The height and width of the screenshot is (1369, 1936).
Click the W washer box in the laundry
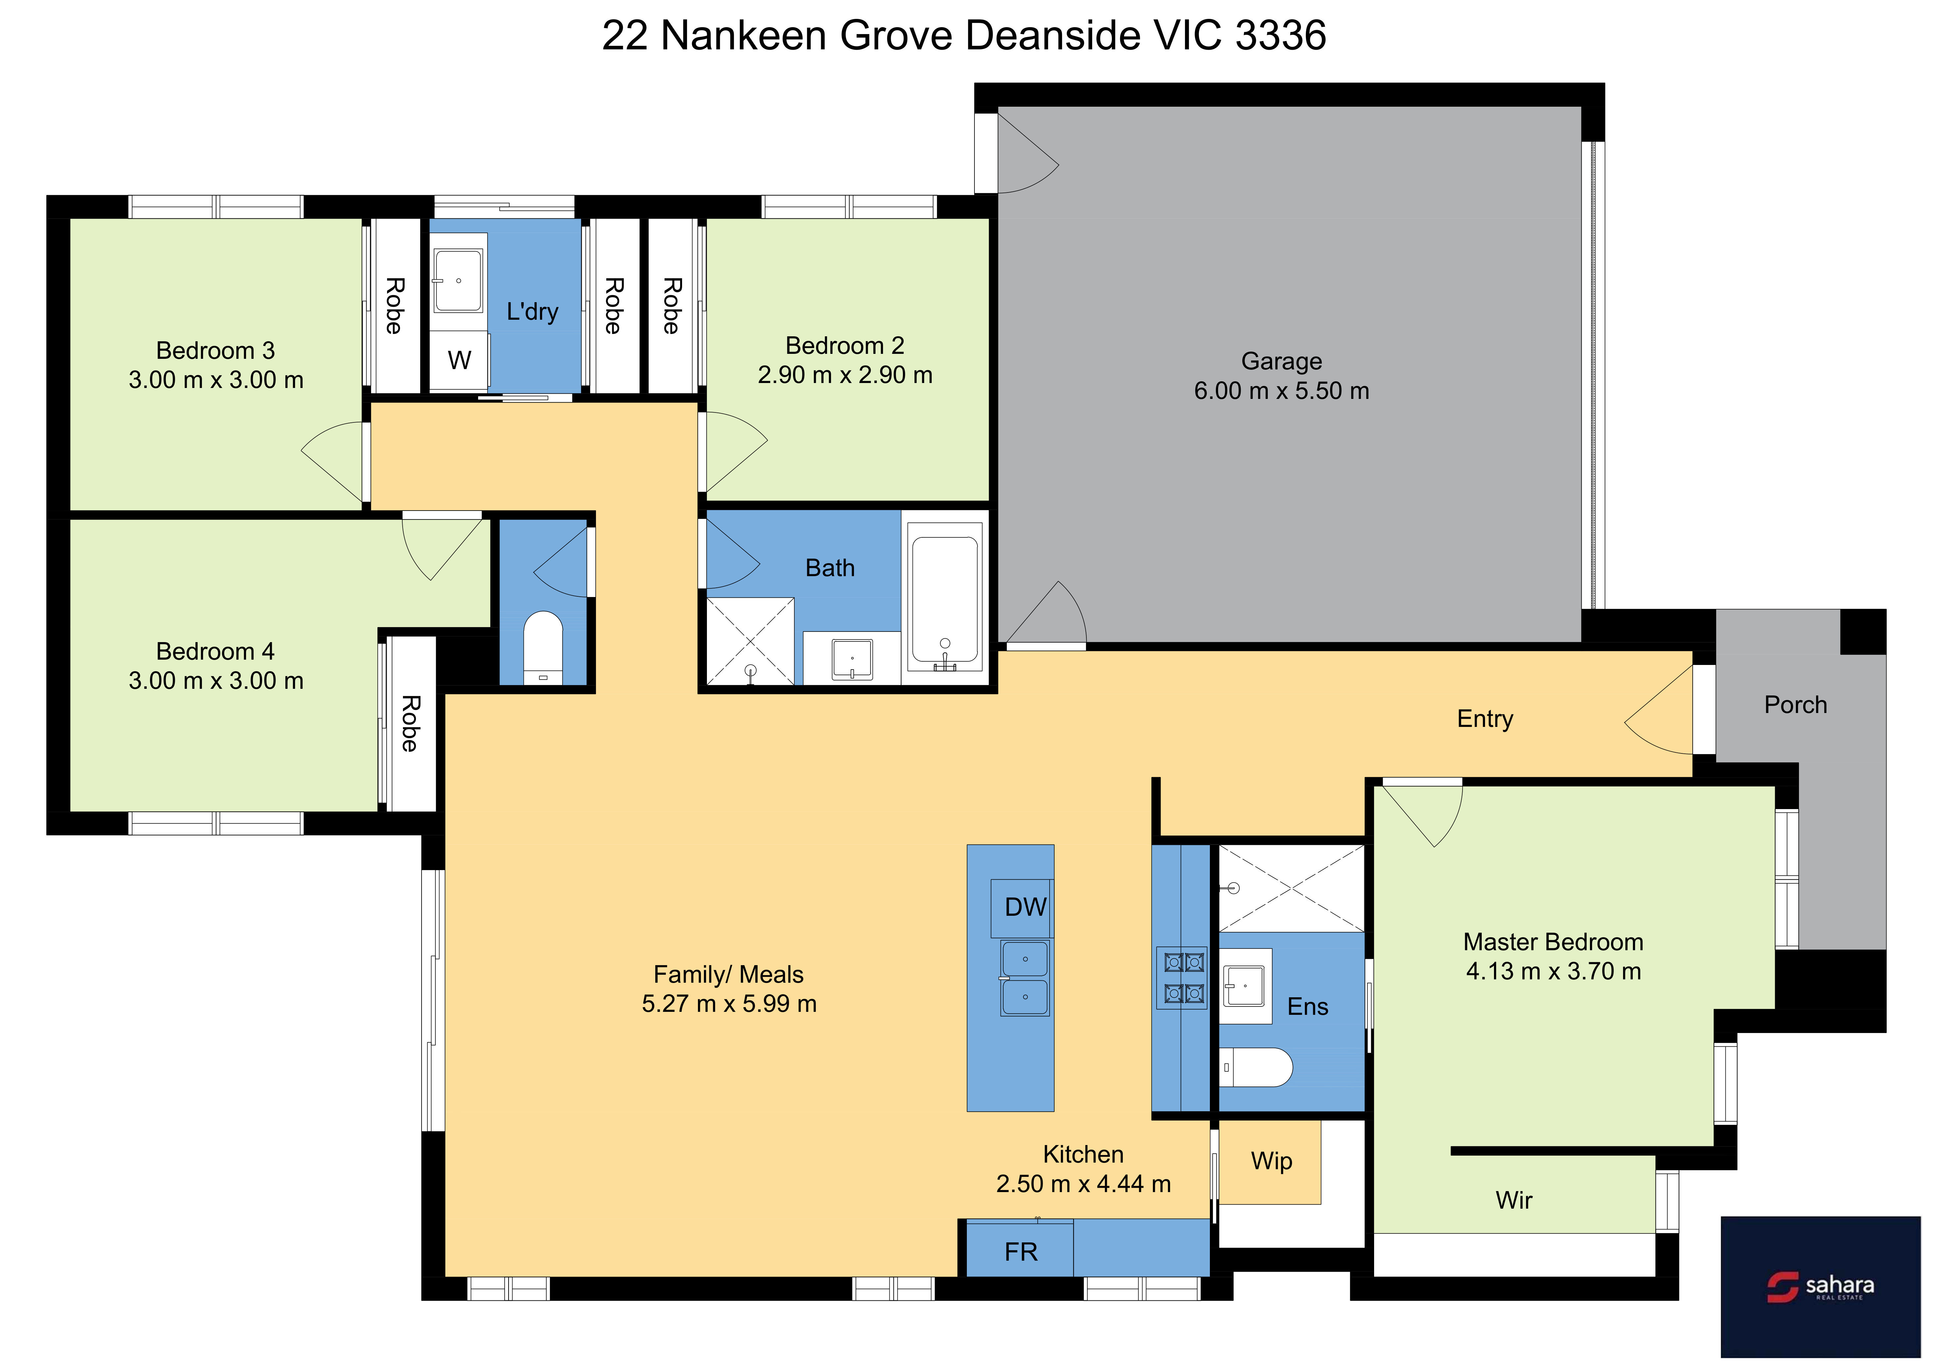click(459, 360)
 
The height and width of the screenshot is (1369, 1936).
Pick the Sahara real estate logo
click(1820, 1287)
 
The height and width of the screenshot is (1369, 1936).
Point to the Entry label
click(1485, 719)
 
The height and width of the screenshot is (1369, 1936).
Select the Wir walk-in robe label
click(1514, 1200)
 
